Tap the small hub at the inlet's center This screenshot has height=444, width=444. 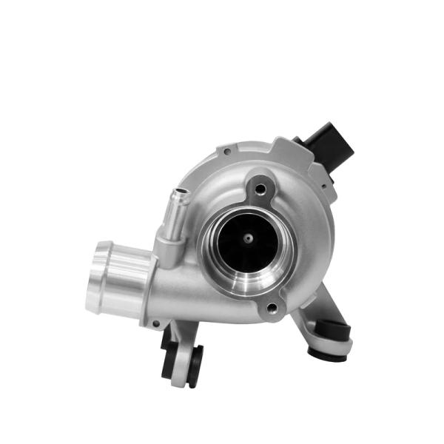pyautogui.click(x=248, y=238)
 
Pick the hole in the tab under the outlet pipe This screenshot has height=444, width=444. pyautogui.click(x=156, y=323)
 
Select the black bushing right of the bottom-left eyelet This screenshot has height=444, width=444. pyautogui.click(x=195, y=364)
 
